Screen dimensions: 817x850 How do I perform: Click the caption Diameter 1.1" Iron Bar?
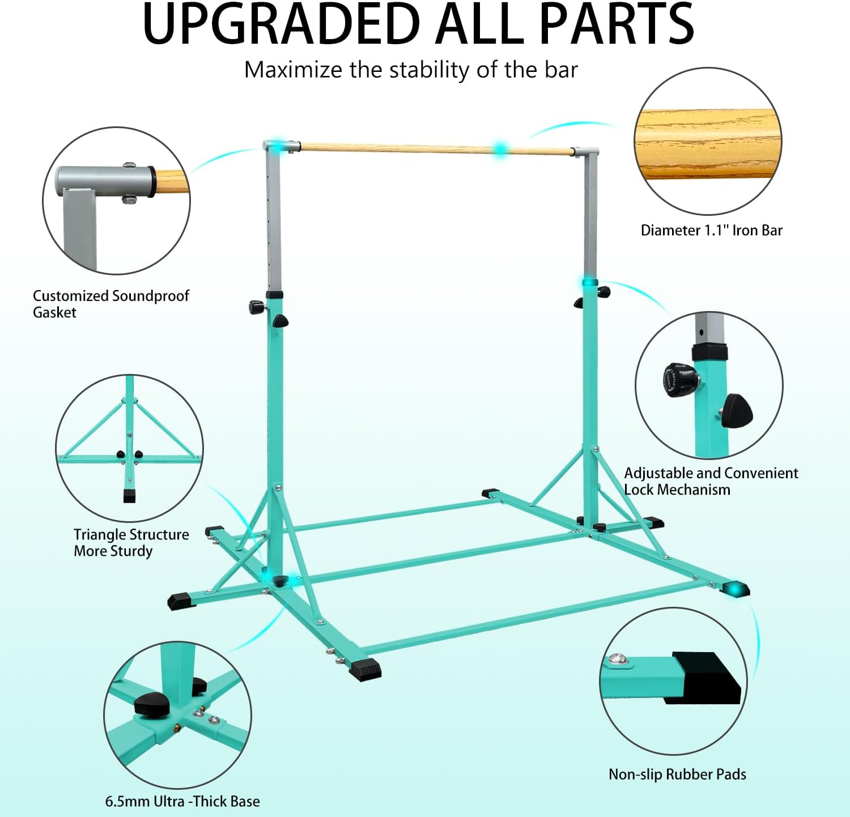pos(711,231)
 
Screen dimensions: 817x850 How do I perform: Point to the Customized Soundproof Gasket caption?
pos(110,304)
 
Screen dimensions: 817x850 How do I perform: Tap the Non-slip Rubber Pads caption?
pos(677,775)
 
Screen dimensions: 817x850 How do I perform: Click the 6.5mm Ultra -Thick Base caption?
pos(182,802)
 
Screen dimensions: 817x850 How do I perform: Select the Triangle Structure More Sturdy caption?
pos(131,543)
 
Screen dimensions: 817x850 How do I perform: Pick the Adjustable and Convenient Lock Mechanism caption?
pos(711,481)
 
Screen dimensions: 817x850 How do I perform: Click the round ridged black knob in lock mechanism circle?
pos(679,380)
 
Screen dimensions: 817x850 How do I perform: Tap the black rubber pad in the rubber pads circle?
pos(708,678)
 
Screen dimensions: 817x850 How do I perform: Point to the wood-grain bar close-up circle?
pos(708,142)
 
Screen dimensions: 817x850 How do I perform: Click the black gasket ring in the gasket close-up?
pos(152,182)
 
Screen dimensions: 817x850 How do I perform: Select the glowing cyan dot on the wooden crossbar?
pos(500,149)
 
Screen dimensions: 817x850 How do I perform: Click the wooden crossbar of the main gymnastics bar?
pos(397,148)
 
